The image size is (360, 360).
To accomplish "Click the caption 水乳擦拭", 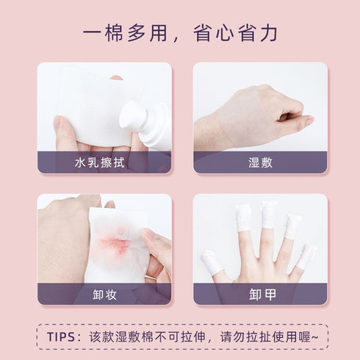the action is point(100,162).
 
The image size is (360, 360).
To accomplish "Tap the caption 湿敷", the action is point(260,162).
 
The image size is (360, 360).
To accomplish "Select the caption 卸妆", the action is point(104,295).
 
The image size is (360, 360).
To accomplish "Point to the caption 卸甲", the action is point(262,295).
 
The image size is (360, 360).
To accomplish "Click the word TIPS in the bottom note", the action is point(61,337).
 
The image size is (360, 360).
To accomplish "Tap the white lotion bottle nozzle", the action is point(134,116).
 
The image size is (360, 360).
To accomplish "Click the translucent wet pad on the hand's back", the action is point(245,118).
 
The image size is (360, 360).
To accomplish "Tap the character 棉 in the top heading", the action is point(114,33).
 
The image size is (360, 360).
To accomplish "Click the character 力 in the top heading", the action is point(268,33).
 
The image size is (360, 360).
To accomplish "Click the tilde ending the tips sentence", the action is point(315,337).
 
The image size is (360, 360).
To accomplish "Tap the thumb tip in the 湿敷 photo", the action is point(310,120).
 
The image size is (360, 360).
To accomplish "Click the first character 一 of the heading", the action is point(92,33).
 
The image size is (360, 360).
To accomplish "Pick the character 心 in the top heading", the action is point(225,33).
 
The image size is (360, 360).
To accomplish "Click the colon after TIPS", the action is point(79,337).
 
